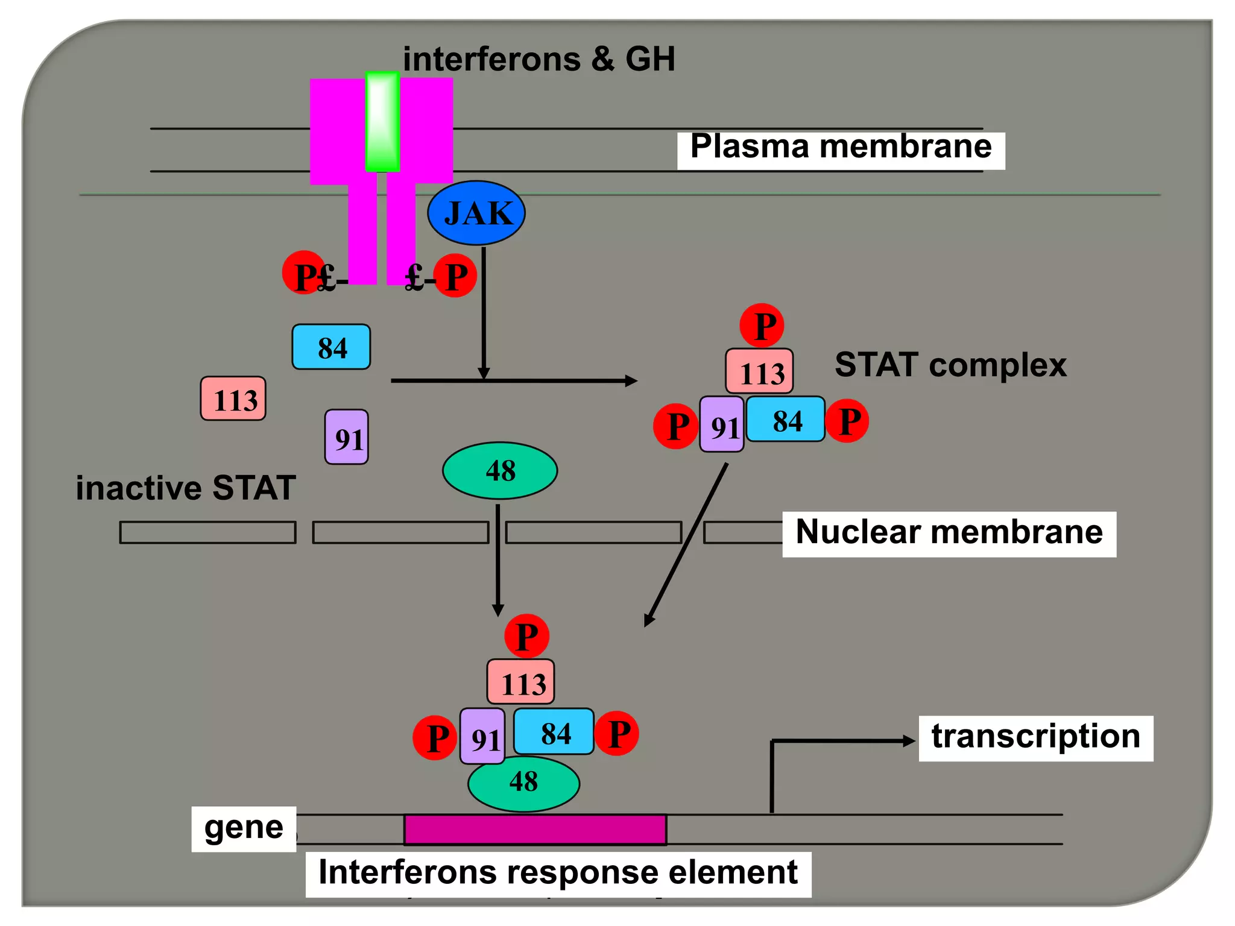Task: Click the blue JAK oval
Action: click(476, 213)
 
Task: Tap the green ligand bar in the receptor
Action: click(382, 122)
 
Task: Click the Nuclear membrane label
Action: click(949, 534)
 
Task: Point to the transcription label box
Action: click(1035, 738)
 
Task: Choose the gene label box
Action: click(244, 828)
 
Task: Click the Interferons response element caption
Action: click(558, 874)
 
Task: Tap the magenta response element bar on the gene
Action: click(535, 830)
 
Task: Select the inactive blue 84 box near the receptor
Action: click(331, 347)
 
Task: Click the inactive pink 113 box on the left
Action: click(233, 399)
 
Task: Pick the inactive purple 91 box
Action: click(347, 437)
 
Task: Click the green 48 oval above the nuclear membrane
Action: click(500, 471)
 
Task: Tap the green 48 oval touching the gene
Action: click(523, 783)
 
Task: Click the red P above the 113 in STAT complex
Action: click(762, 326)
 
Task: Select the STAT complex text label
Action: click(950, 365)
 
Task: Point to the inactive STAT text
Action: click(186, 488)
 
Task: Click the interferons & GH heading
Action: click(539, 59)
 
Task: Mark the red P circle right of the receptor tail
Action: click(455, 276)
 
